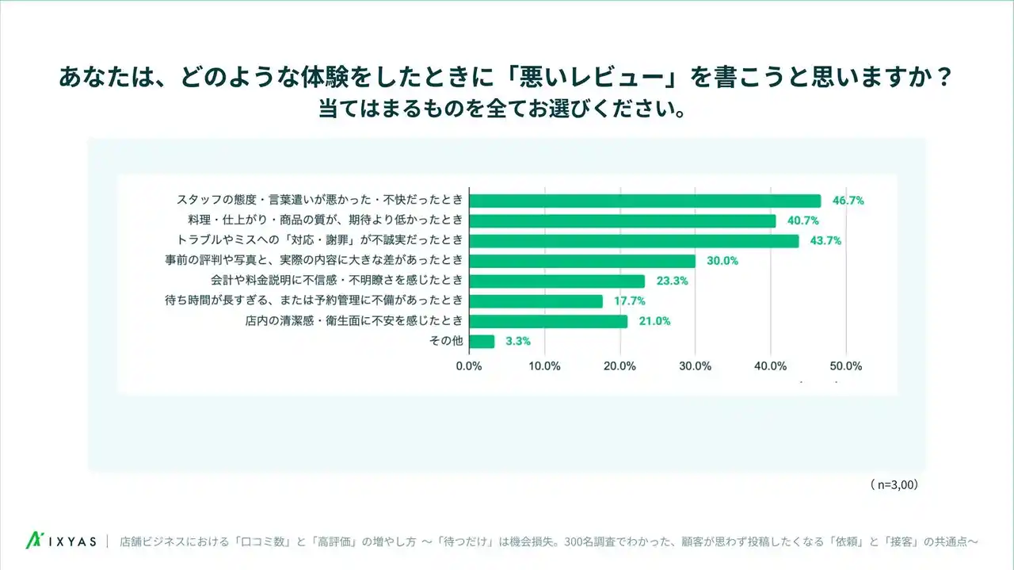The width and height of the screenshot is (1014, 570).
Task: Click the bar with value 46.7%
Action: pyautogui.click(x=645, y=201)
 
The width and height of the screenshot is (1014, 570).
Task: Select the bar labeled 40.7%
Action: pyautogui.click(x=623, y=220)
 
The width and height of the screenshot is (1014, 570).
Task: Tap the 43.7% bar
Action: pyautogui.click(x=634, y=241)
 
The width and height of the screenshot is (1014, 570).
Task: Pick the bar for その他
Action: pyautogui.click(x=482, y=342)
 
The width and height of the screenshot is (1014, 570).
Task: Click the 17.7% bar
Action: pyautogui.click(x=536, y=301)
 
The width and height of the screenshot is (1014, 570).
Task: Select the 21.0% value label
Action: pyautogui.click(x=654, y=321)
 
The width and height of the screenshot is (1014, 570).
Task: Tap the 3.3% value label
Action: pyautogui.click(x=517, y=342)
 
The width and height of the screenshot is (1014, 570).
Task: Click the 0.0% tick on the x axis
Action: pyautogui.click(x=470, y=366)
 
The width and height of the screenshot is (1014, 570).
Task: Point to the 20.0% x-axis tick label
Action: pyautogui.click(x=619, y=366)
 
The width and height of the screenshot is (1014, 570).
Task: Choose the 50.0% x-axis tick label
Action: pyautogui.click(x=845, y=366)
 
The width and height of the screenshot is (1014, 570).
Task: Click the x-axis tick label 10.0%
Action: pyautogui.click(x=544, y=366)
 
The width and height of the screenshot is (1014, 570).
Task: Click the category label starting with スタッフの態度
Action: pyautogui.click(x=318, y=201)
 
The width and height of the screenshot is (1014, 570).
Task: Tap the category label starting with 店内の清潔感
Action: pyautogui.click(x=353, y=321)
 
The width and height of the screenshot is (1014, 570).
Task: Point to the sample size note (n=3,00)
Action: pyautogui.click(x=893, y=483)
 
